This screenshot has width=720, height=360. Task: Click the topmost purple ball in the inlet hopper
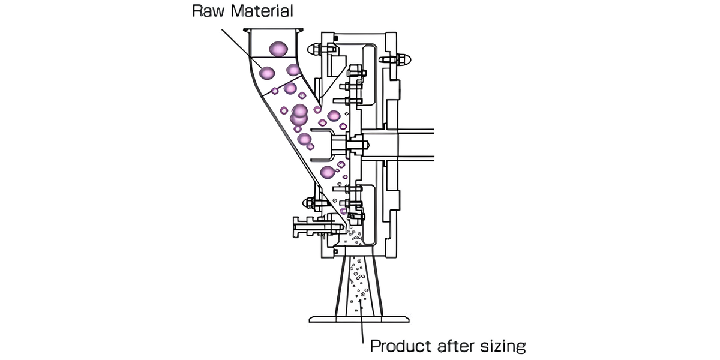[278, 49]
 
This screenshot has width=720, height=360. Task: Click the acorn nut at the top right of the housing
[403, 59]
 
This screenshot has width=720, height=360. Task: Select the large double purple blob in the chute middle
[299, 115]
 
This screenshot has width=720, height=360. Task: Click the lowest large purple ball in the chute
[328, 173]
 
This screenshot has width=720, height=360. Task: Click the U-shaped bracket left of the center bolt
[324, 145]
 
